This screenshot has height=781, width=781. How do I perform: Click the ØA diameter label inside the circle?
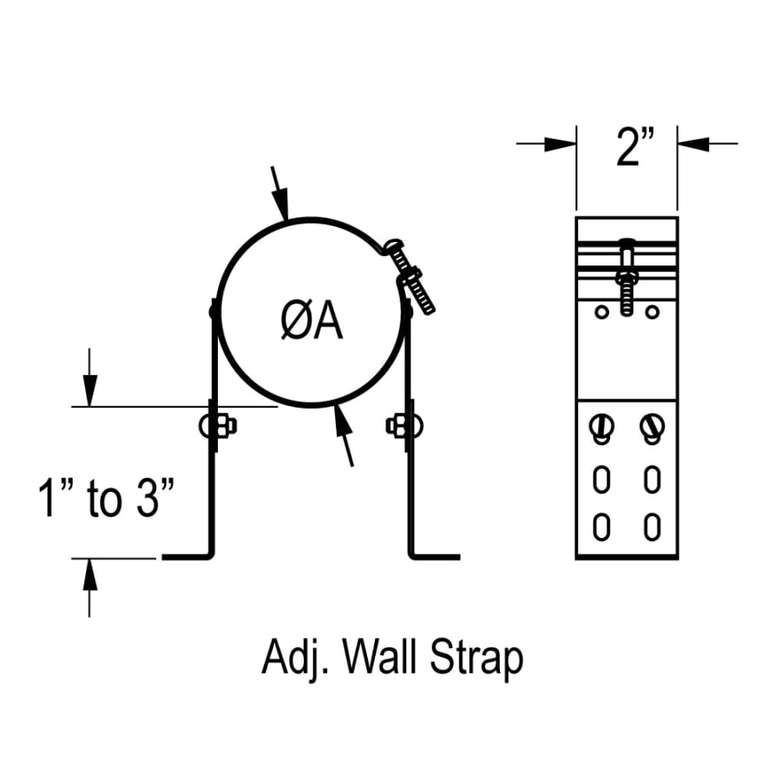click(312, 322)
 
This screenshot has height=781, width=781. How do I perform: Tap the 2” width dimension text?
click(634, 147)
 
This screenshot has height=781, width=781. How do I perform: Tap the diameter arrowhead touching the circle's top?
click(283, 208)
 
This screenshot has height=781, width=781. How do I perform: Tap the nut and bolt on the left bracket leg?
click(218, 425)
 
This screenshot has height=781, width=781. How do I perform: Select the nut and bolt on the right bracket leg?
click(404, 425)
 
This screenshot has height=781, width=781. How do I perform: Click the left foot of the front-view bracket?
click(187, 556)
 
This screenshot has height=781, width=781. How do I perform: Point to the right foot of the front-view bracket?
click(434, 556)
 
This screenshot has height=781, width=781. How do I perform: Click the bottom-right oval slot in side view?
click(653, 526)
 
